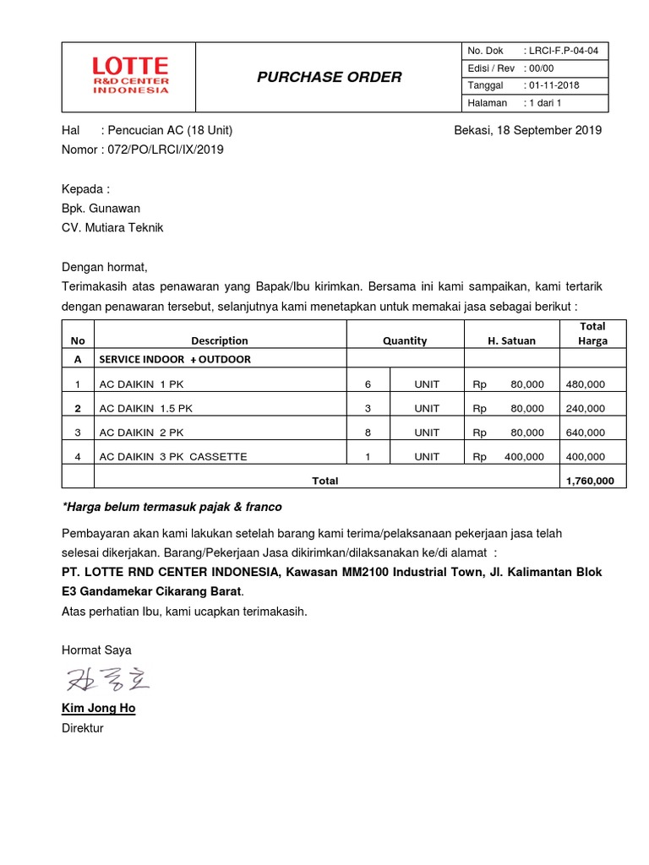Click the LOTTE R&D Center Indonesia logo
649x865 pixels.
[x=129, y=76]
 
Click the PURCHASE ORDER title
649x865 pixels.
[x=329, y=78]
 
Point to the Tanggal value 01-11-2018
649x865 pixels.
[x=558, y=85]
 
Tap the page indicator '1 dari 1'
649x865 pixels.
[x=545, y=103]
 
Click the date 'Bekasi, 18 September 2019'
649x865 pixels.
[x=527, y=130]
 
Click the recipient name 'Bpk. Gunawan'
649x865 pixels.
[x=101, y=208]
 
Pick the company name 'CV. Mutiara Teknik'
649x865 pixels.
[x=112, y=227]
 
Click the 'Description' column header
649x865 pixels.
[x=220, y=340]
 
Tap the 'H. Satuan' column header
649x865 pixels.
[x=511, y=340]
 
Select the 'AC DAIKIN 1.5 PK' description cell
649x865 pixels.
[x=146, y=408]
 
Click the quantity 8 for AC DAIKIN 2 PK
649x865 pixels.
[x=368, y=432]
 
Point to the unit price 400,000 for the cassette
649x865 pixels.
[x=524, y=456]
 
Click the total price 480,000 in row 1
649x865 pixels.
[x=585, y=384]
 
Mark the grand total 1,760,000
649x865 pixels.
[x=595, y=481]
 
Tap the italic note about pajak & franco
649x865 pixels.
[x=172, y=507]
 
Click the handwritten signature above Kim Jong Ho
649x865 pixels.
[x=106, y=679]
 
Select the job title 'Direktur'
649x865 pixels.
[x=82, y=727]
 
